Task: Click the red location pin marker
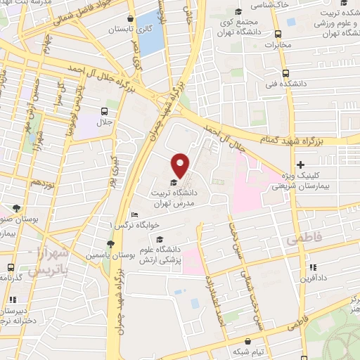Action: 181,164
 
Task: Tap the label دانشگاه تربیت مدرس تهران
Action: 181,197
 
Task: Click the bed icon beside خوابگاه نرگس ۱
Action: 134,215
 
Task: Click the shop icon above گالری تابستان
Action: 130,18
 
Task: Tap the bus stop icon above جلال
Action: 105,110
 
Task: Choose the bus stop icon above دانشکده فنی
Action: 285,73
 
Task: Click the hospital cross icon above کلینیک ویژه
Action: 300,164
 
